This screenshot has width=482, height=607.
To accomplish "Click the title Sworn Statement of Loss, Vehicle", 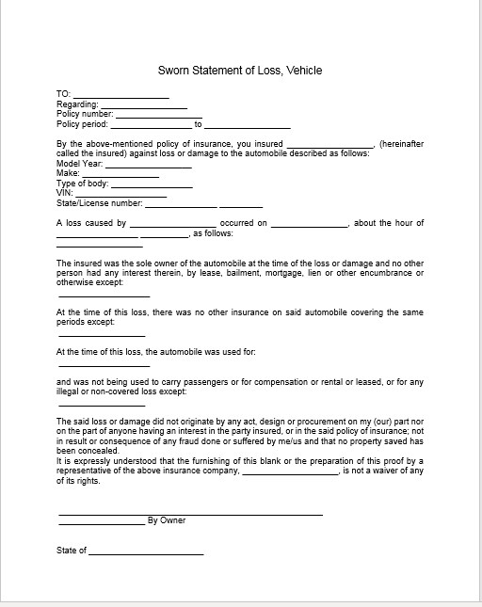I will pos(244,70).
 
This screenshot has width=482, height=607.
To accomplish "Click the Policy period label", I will pos(82,123).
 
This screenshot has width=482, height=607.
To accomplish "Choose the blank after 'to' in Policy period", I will pos(247,126).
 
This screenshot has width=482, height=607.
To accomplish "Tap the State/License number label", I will pos(99,202).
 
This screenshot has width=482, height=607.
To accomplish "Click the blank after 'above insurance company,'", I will pos(290,472).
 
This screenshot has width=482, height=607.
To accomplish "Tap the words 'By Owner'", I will pos(167,520).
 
